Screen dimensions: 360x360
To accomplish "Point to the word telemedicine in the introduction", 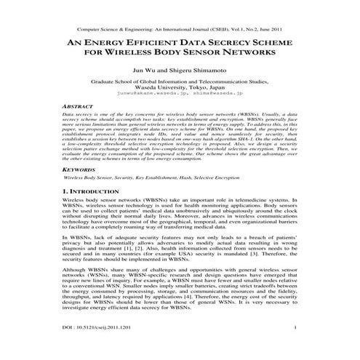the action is (x=251, y=199).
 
